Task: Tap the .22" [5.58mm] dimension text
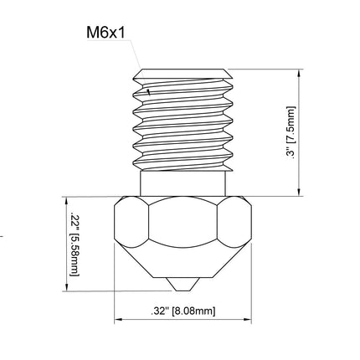coord(73,243)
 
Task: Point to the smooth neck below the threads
coord(183,184)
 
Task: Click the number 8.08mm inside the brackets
coord(193,311)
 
